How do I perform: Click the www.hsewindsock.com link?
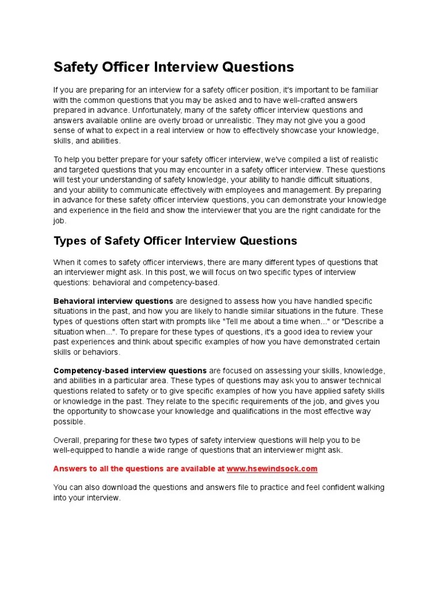[272, 469]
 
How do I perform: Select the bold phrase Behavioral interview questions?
[113, 301]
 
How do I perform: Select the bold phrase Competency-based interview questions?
[130, 370]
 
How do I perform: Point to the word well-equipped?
[77, 450]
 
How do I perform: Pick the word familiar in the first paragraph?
[365, 90]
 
